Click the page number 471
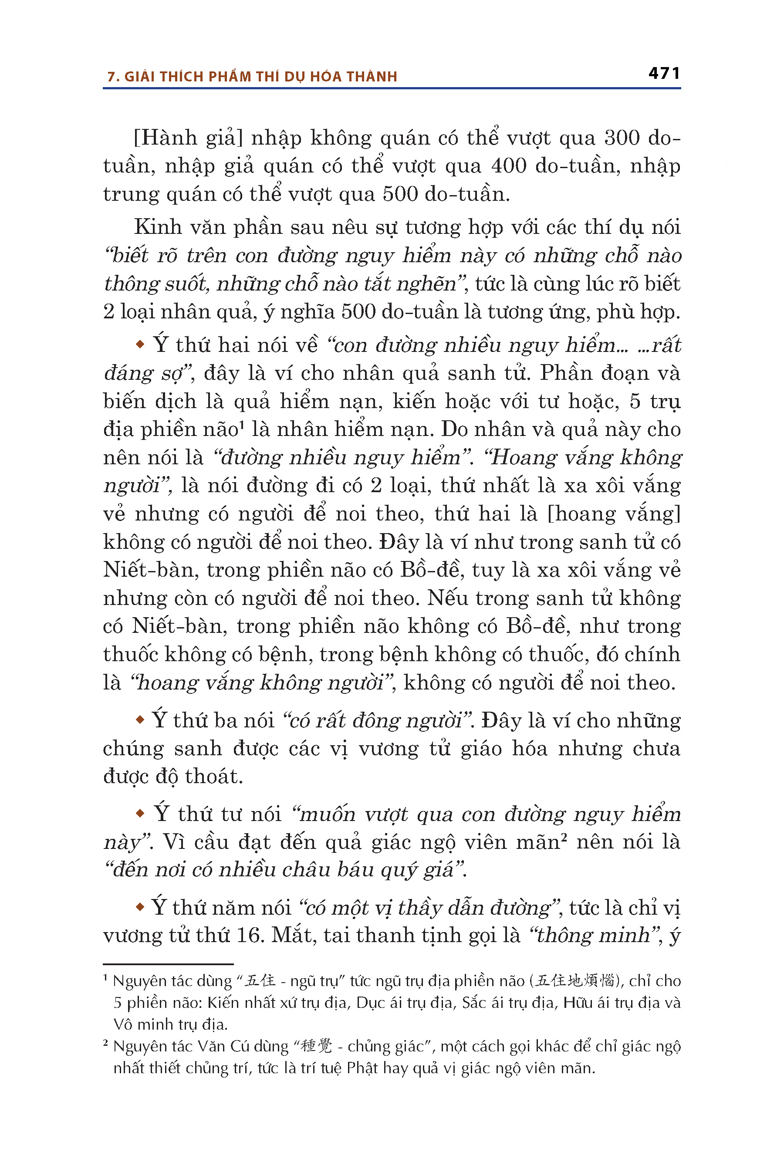click(x=664, y=74)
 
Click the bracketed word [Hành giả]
click(x=188, y=138)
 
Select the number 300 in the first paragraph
click(x=622, y=138)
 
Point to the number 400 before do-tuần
click(x=508, y=166)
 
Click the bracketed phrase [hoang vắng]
click(x=614, y=514)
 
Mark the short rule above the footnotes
click(x=168, y=964)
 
